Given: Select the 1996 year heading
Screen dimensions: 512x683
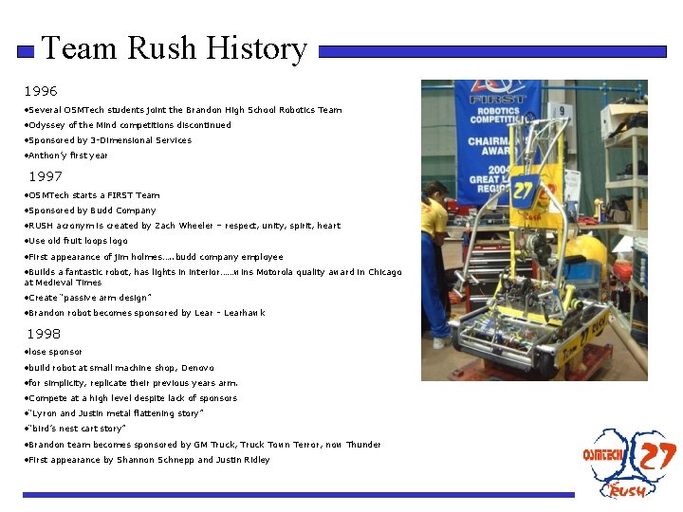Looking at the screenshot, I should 41,92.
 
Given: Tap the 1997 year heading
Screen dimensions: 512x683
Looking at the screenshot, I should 46,177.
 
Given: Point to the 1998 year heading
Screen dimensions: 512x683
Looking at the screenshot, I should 44,335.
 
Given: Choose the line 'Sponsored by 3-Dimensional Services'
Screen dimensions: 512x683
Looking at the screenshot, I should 109,140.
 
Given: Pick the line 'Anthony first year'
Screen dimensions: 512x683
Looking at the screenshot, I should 67,155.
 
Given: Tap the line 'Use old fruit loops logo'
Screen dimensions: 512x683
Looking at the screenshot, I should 78,241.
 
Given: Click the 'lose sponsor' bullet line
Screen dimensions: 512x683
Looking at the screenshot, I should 55,352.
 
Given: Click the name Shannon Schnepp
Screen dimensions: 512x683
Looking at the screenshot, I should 156,460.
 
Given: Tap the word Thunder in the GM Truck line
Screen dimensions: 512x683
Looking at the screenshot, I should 363,445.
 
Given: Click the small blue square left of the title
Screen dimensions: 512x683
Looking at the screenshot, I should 27,53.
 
